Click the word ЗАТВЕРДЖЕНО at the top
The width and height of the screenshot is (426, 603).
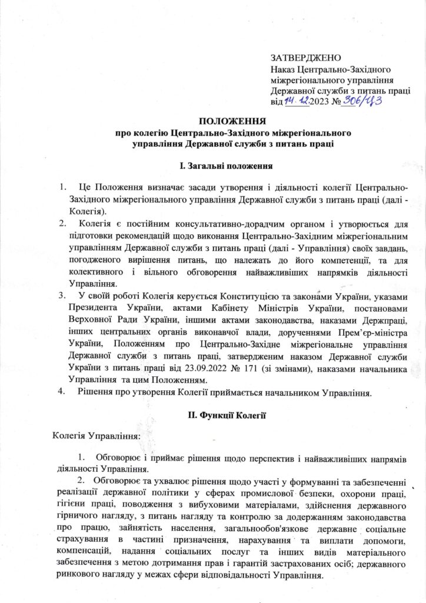tap(305, 58)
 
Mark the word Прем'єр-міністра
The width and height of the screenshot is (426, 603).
tap(364, 336)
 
